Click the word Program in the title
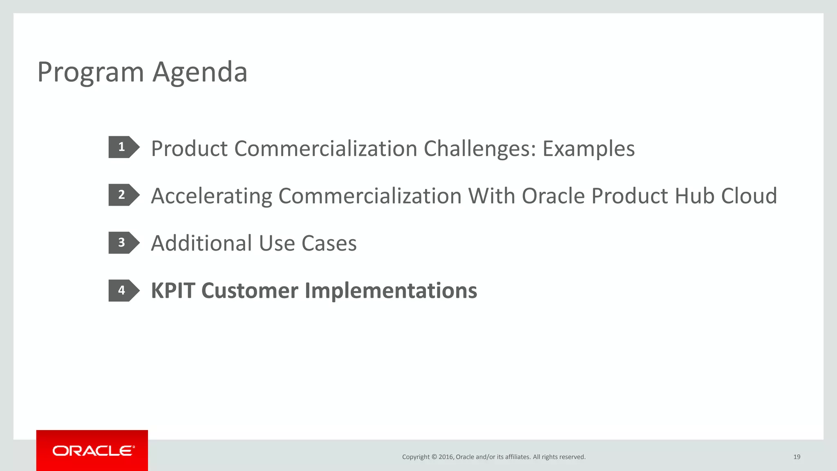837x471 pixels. pyautogui.click(x=90, y=73)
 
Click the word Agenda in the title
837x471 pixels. pyautogui.click(x=200, y=73)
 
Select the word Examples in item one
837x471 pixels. pyautogui.click(x=589, y=149)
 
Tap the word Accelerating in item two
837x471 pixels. pyautogui.click(x=211, y=196)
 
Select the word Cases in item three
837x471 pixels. pyautogui.click(x=329, y=243)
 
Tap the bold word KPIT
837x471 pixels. pyautogui.click(x=173, y=291)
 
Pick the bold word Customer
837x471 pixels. pyautogui.click(x=250, y=291)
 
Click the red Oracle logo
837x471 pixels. pyautogui.click(x=92, y=451)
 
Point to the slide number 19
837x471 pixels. pyautogui.click(x=797, y=457)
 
